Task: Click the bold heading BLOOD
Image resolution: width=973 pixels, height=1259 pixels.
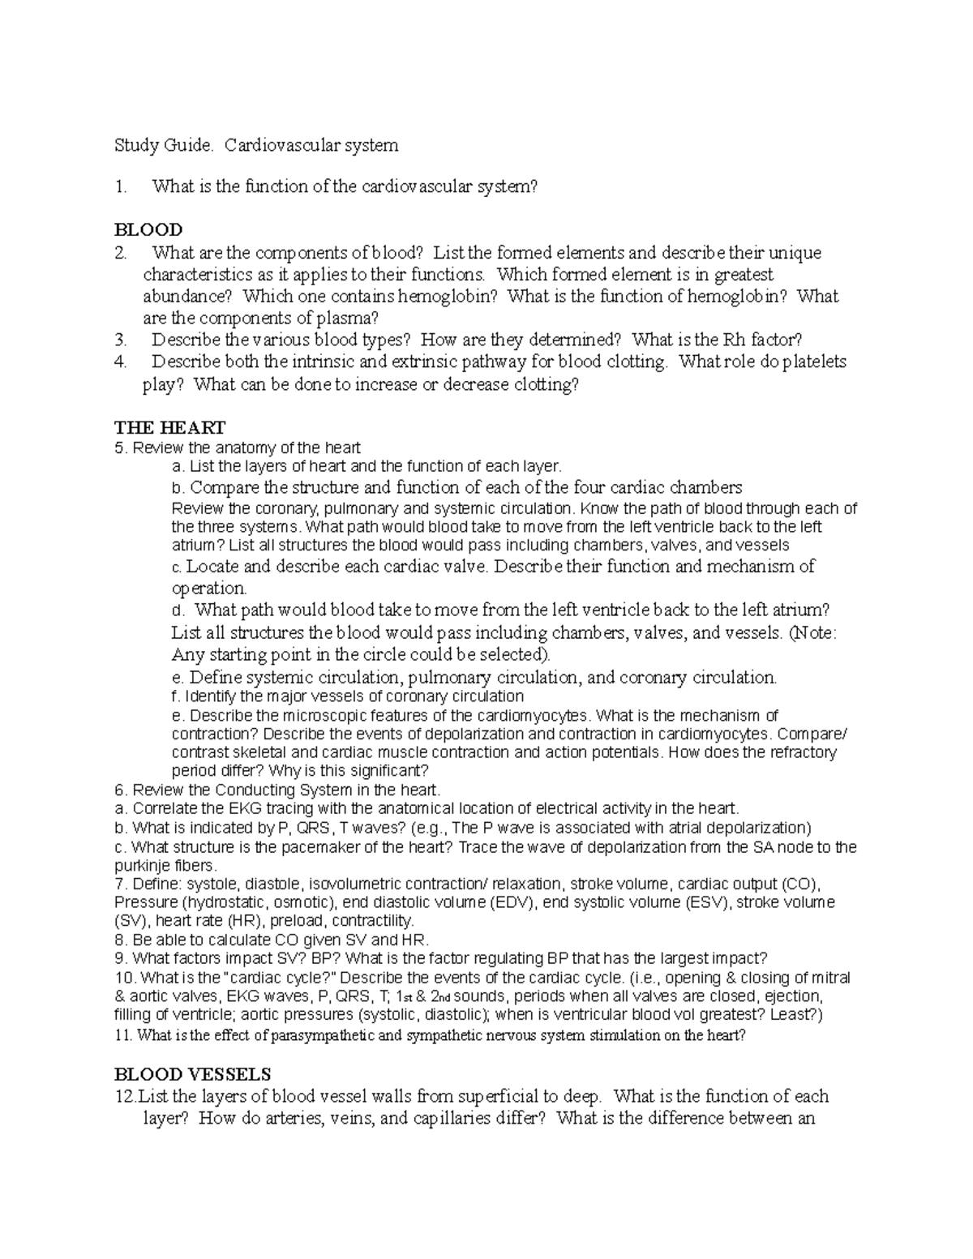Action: coord(148,229)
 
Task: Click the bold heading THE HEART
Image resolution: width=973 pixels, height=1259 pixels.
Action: coord(170,427)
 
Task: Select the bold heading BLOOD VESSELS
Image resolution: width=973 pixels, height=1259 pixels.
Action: coord(193,1074)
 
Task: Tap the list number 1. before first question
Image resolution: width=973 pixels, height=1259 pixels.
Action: coord(122,186)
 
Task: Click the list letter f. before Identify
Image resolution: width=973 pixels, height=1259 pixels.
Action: coord(176,696)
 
